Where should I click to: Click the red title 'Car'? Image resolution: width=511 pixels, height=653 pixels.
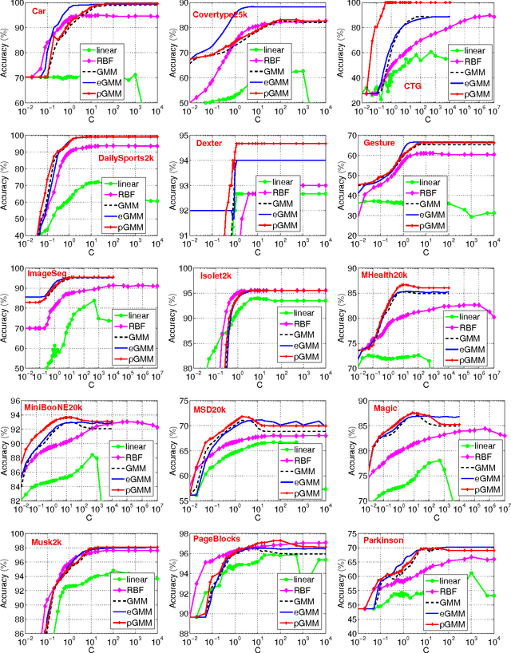(38, 13)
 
